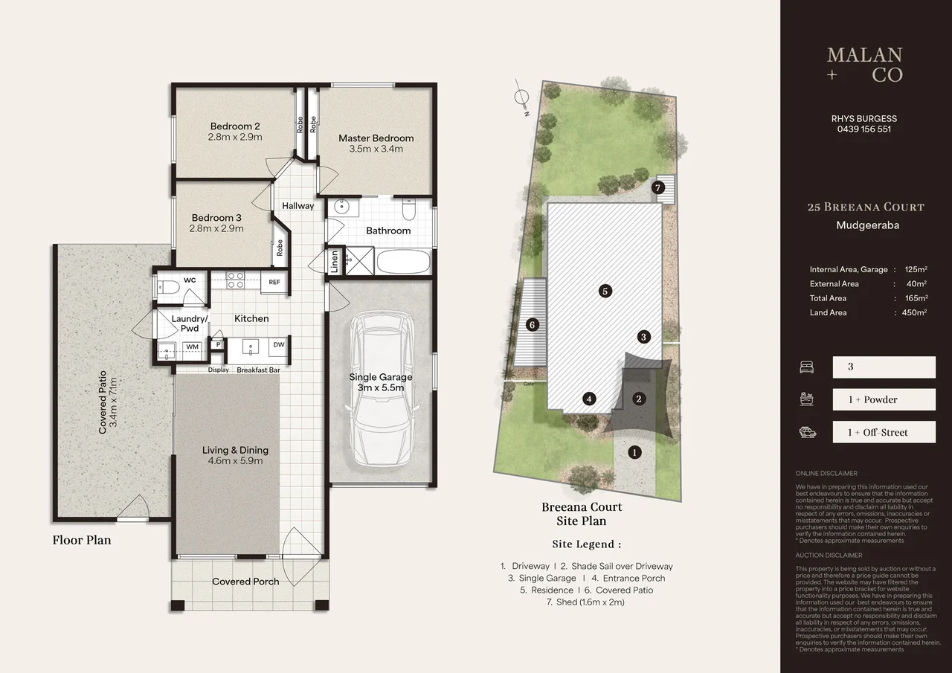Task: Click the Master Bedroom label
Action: [x=376, y=138]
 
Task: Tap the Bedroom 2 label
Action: [x=235, y=126]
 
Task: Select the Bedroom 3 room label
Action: [x=216, y=218]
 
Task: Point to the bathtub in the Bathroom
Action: [x=403, y=262]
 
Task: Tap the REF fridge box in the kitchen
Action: [x=274, y=282]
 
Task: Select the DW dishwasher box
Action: [x=278, y=345]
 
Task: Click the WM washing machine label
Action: [x=192, y=347]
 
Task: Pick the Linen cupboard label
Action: [x=335, y=260]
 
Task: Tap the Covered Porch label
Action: [x=245, y=582]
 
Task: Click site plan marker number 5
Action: [x=605, y=292]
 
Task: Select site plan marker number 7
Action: [x=657, y=187]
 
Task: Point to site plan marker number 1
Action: [x=634, y=451]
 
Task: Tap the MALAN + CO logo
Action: [x=864, y=65]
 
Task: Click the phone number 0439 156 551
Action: [x=863, y=129]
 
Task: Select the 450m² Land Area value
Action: [x=914, y=312]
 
